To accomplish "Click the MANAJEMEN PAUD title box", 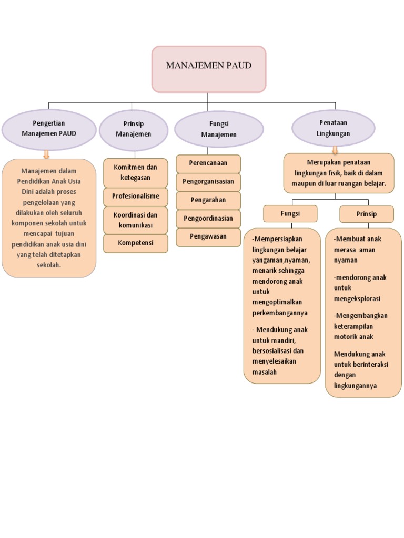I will tap(209, 69).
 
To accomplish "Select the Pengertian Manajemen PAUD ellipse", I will tap(49, 129).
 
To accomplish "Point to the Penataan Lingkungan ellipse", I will tap(333, 129).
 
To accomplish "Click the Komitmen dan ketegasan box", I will tap(135, 172).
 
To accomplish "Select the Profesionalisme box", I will tap(135, 196).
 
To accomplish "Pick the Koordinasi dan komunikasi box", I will tap(135, 220).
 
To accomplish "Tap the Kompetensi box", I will tap(135, 243).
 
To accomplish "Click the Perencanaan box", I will tap(208, 163).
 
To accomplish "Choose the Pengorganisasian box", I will tap(208, 181).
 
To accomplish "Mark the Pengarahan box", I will tap(208, 200).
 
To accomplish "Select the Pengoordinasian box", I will tap(208, 218).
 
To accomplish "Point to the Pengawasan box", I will tap(208, 236).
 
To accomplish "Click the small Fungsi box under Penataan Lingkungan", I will tap(290, 214).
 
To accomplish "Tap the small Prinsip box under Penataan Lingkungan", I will tap(366, 214).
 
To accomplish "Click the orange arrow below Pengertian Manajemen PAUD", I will tap(46, 153).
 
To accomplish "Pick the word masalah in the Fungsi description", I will tap(265, 371).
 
